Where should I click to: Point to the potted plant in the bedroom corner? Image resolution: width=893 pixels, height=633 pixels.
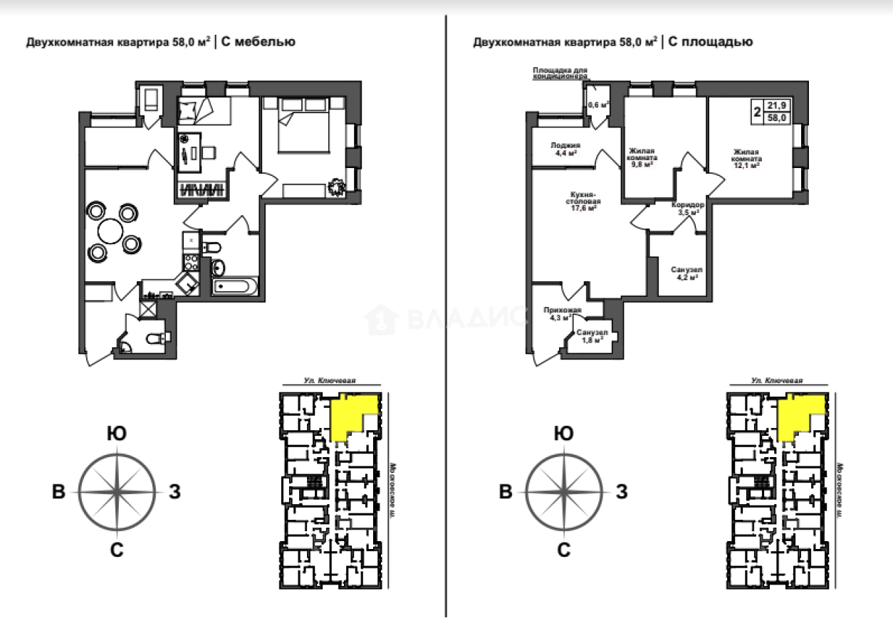click(x=335, y=187)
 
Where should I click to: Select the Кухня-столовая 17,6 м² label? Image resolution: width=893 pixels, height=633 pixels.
click(x=582, y=201)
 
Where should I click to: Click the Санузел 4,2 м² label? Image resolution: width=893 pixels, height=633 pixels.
click(x=687, y=273)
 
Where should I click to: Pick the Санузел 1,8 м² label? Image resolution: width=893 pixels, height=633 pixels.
click(x=592, y=335)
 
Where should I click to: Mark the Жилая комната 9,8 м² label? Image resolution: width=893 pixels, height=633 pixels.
click(x=643, y=157)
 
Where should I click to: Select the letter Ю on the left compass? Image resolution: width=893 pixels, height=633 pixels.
click(x=117, y=433)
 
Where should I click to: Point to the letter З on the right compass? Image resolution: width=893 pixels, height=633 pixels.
click(x=620, y=491)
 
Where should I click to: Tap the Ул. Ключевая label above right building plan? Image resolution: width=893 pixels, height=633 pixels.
click(x=776, y=381)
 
